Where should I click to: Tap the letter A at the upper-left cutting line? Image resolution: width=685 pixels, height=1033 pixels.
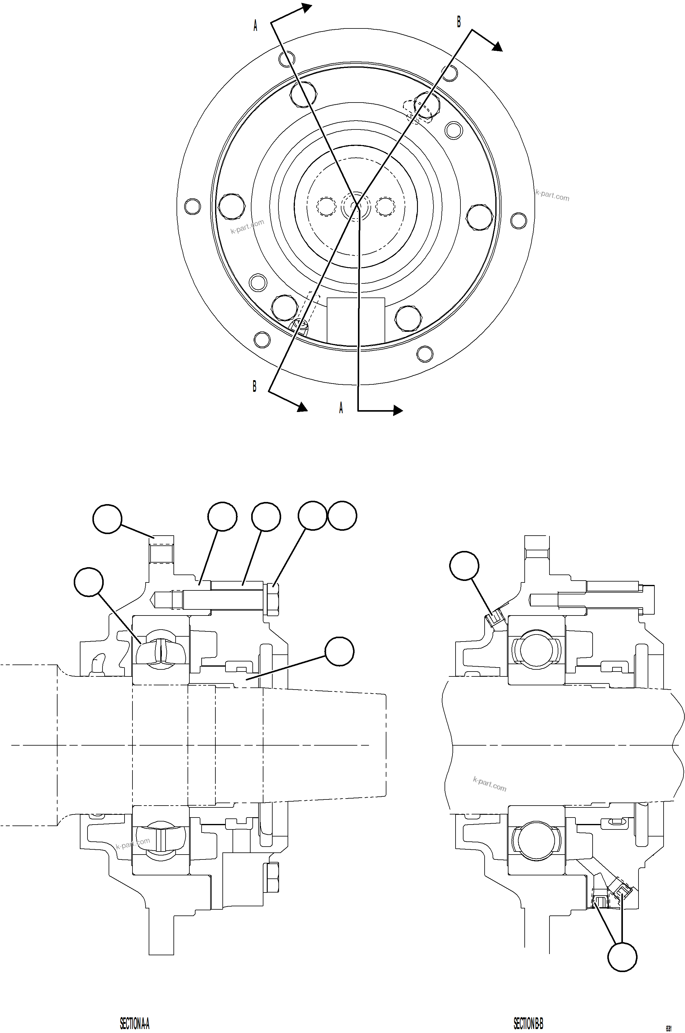point(255,26)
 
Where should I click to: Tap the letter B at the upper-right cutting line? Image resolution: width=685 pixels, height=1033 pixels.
point(459,21)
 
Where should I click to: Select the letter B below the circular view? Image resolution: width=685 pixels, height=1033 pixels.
point(254,386)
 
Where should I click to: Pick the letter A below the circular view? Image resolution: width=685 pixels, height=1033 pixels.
point(341,408)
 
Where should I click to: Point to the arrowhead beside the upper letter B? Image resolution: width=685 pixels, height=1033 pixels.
point(497,47)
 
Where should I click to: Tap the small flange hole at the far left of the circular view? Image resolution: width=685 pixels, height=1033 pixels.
point(193,206)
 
